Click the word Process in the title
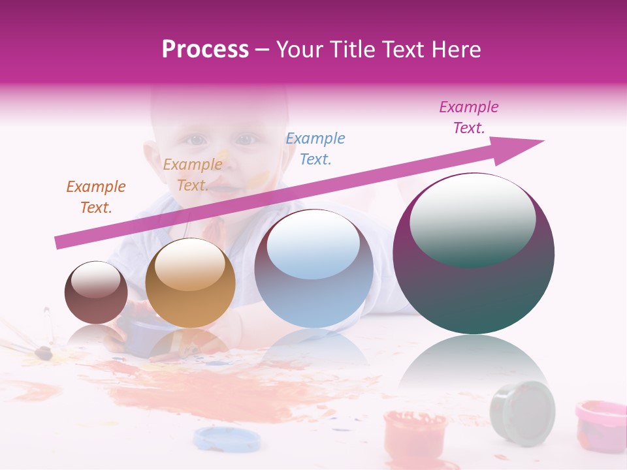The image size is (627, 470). tap(205, 50)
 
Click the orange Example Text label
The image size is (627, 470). tap(96, 196)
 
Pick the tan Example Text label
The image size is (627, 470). tap(192, 174)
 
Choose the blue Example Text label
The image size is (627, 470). tap(315, 148)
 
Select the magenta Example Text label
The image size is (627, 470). tap(468, 117)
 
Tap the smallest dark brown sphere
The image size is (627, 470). tap(96, 292)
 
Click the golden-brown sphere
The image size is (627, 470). tap(190, 283)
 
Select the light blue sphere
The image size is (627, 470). tap(313, 268)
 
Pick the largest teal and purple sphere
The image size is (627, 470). tap(474, 253)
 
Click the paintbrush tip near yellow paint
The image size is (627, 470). tap(43, 353)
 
